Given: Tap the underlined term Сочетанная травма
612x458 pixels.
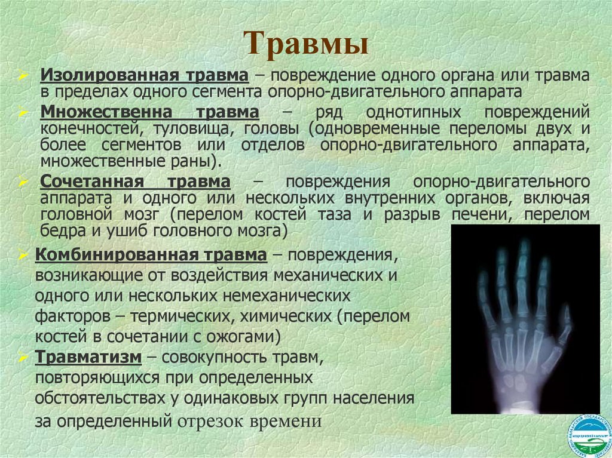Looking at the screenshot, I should point(135,182).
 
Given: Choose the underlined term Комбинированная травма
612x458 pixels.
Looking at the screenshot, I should point(151,255).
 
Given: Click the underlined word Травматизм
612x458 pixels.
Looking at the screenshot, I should point(88,357).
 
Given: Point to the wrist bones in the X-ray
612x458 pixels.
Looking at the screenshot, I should point(520,382).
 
